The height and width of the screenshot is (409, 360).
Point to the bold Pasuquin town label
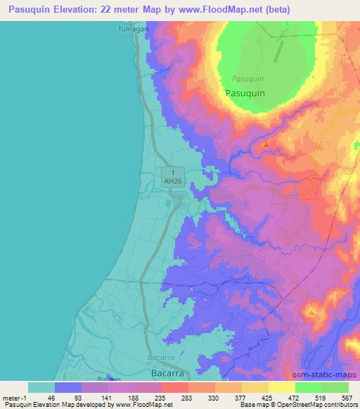tap(245, 93)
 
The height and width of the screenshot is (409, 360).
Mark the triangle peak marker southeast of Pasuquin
tap(266, 144)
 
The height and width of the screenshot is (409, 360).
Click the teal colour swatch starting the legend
tap(41, 387)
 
